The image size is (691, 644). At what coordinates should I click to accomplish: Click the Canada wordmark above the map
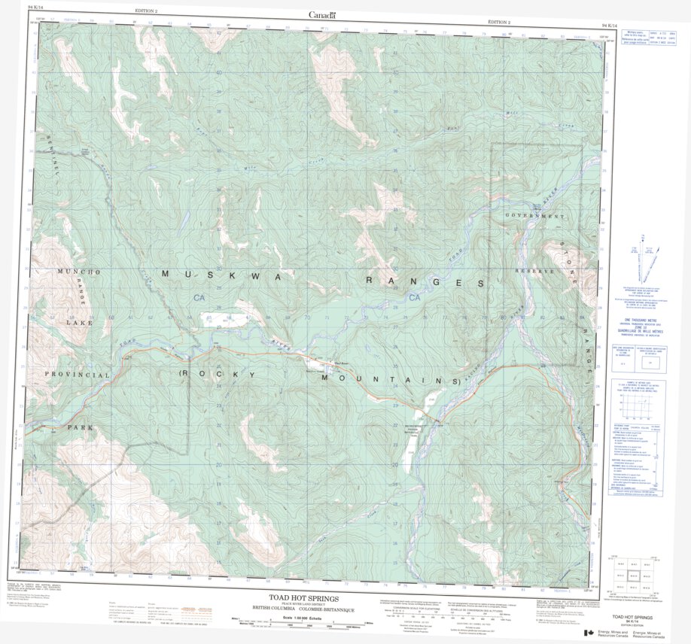point(321,14)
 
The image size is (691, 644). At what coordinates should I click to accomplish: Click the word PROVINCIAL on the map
point(78,374)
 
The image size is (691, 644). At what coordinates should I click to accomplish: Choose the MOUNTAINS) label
point(391,380)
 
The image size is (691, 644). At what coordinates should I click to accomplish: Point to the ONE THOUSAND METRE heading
point(638,320)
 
